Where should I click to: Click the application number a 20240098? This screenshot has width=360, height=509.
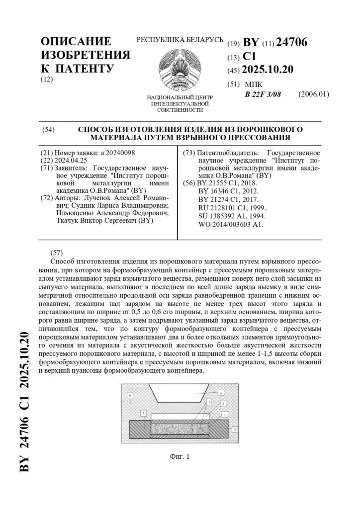(121, 153)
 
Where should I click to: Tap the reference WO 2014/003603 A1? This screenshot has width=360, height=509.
(231, 224)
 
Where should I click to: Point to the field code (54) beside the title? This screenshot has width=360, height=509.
(48, 130)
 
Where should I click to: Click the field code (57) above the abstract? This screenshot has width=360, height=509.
(57, 252)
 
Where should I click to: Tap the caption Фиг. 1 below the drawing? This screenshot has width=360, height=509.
(180, 456)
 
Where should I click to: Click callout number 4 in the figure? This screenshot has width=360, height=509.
(221, 393)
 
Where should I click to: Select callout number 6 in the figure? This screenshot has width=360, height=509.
(130, 395)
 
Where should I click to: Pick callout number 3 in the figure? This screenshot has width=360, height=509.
(210, 402)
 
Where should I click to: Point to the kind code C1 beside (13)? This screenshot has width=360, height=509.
(249, 57)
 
